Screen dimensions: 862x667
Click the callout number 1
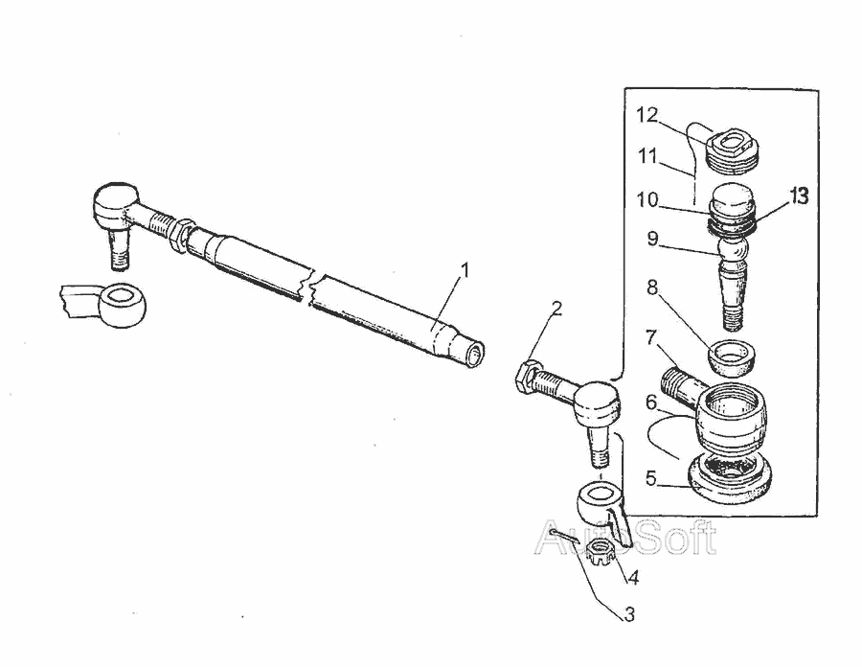(465, 270)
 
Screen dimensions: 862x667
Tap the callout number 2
(556, 309)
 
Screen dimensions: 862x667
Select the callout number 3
(629, 614)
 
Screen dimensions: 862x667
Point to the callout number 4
(633, 577)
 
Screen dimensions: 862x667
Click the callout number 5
(651, 478)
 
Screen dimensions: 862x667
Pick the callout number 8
(652, 287)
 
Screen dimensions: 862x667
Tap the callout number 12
(647, 115)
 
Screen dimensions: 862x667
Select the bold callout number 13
(800, 195)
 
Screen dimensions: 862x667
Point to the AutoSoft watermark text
(625, 538)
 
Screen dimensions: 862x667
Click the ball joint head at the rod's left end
(116, 203)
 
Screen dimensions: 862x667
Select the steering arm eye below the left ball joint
(122, 305)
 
